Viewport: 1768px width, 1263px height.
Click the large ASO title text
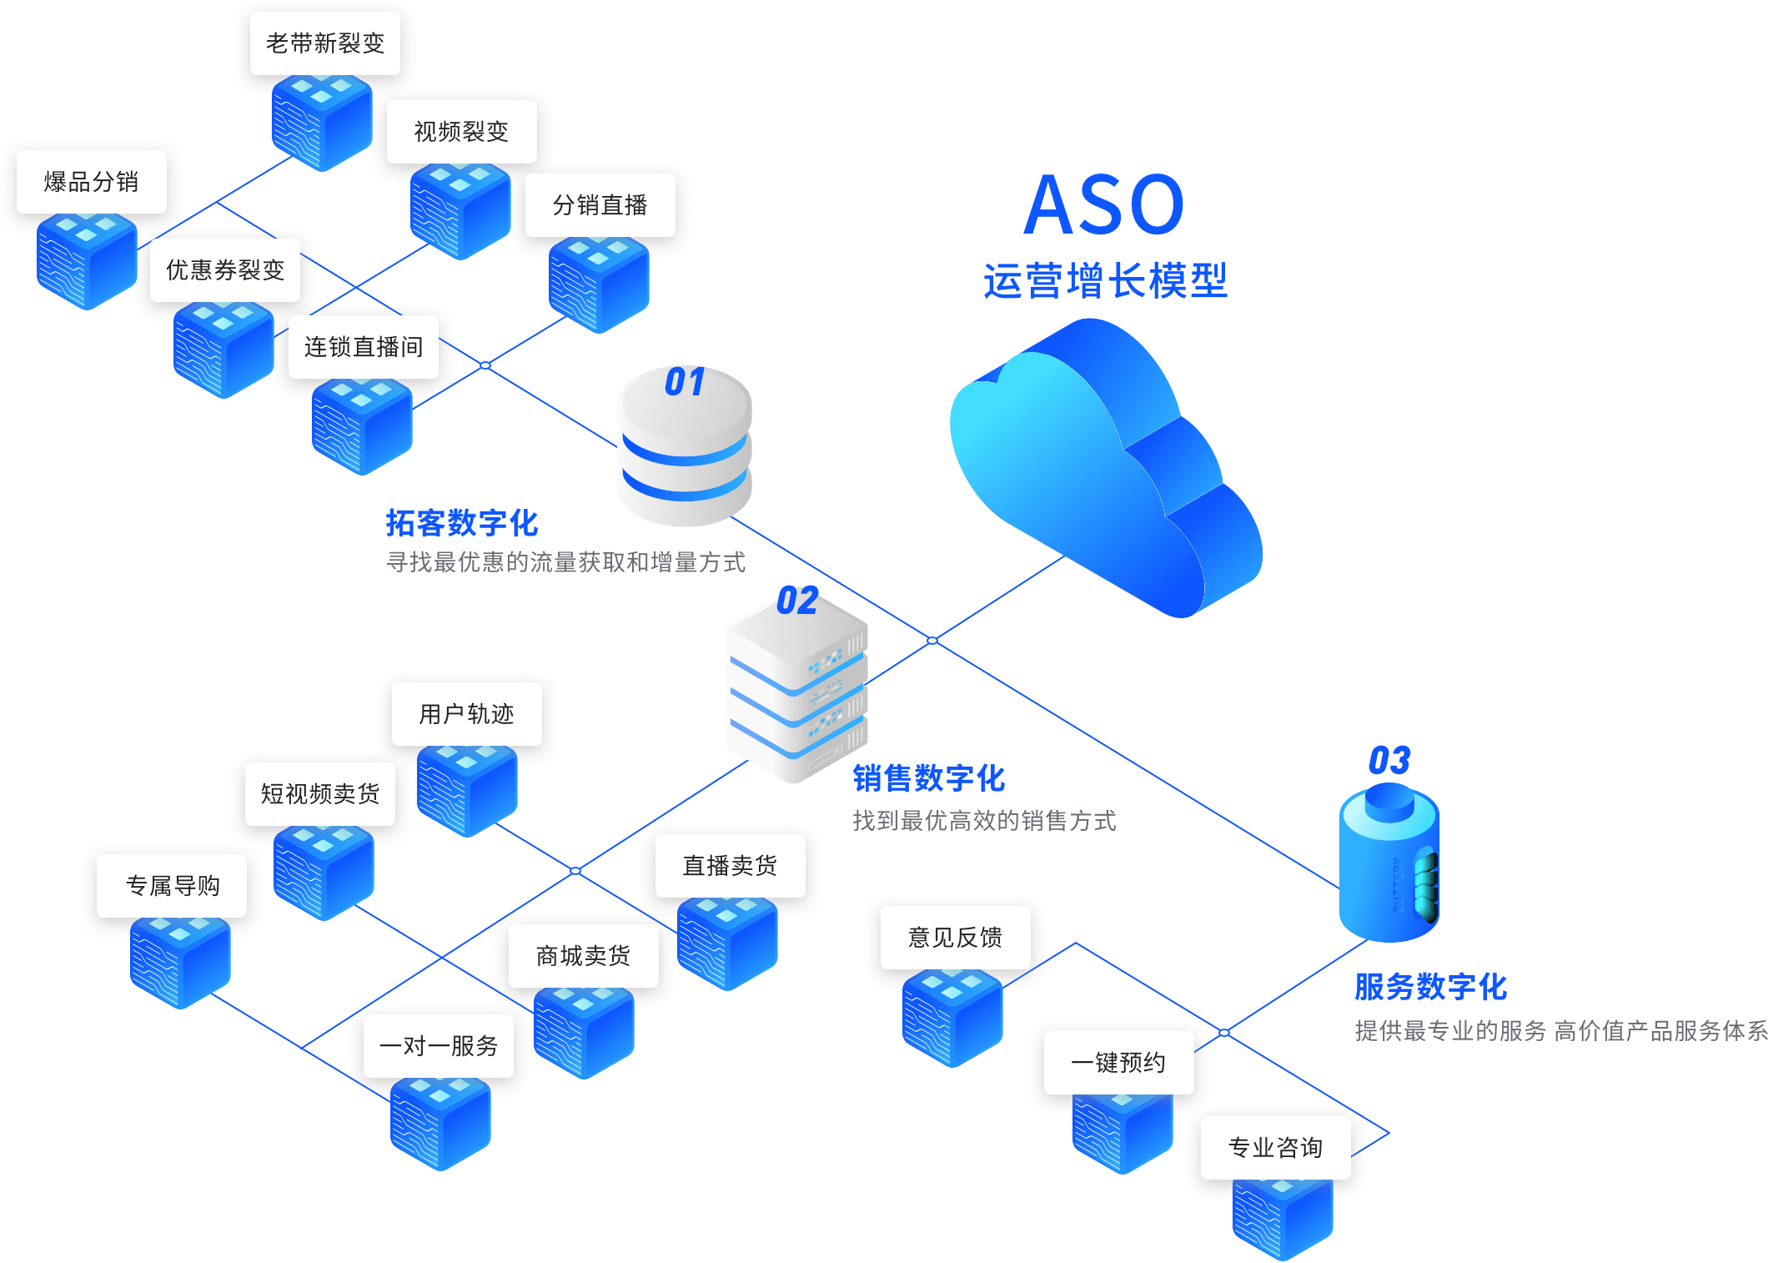(x=1104, y=204)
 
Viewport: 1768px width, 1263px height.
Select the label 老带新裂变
(x=325, y=43)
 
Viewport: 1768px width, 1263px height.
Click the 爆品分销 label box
(x=92, y=182)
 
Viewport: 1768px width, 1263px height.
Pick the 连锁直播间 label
(x=364, y=347)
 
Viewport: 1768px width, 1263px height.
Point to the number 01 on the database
(x=685, y=382)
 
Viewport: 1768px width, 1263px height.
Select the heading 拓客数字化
(x=462, y=523)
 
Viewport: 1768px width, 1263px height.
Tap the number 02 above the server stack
(x=797, y=601)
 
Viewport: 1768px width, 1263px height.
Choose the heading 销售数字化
(x=929, y=778)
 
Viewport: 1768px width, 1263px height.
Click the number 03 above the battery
(x=1389, y=761)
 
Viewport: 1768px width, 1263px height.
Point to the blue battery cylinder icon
(x=1389, y=868)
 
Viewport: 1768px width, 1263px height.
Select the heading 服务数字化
(x=1431, y=987)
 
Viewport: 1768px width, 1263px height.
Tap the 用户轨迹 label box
(x=466, y=714)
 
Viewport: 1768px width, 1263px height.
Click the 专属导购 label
(x=173, y=886)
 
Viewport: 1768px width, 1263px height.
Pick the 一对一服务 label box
(x=439, y=1046)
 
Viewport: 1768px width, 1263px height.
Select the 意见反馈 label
(x=956, y=938)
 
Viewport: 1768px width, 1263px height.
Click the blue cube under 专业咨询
(x=1283, y=1218)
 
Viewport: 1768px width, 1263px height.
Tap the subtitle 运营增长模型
(x=1105, y=280)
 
